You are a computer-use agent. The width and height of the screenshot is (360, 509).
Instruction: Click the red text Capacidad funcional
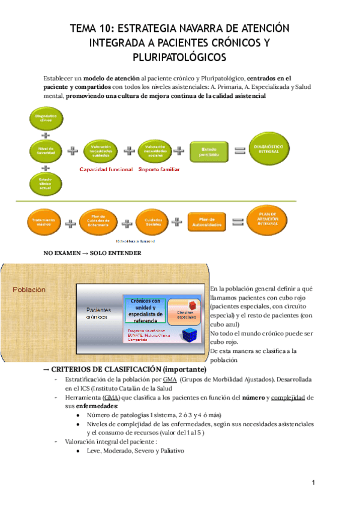[106, 170]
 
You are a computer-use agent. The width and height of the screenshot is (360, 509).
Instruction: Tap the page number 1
[313, 483]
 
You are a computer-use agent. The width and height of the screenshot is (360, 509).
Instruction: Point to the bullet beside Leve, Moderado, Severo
[79, 451]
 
